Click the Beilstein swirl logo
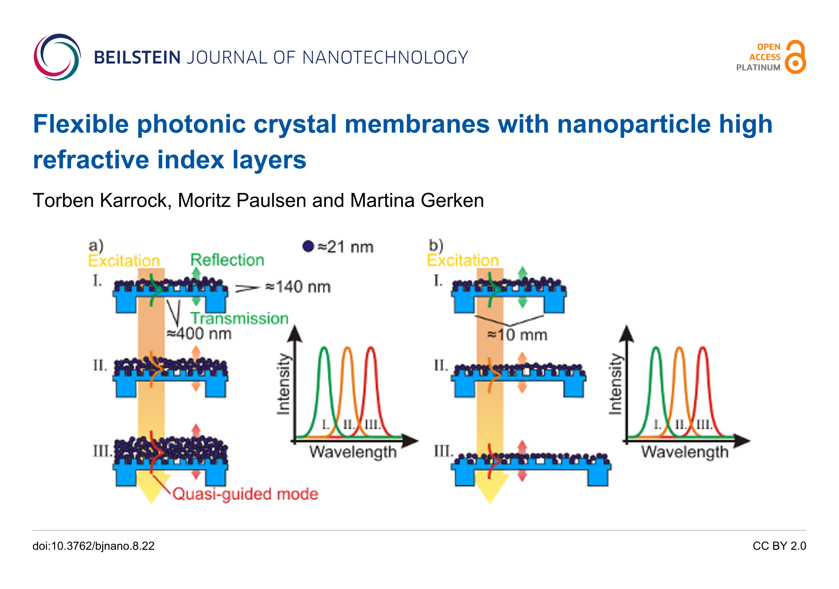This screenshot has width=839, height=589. [x=57, y=57]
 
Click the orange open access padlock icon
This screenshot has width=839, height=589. [x=795, y=57]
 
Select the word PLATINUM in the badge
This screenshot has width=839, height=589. [x=758, y=67]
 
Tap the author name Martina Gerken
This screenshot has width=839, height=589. [x=417, y=200]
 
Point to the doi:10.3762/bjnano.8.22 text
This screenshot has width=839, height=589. [x=93, y=546]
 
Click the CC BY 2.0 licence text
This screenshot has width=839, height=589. [x=779, y=546]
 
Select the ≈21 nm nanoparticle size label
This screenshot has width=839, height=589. [x=345, y=247]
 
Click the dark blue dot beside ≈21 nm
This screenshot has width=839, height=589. [x=308, y=246]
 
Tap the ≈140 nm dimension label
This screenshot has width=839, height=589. [x=298, y=287]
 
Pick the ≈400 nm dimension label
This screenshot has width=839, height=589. [x=199, y=334]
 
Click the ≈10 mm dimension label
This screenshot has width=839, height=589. [x=517, y=335]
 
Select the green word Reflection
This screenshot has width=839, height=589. [x=227, y=260]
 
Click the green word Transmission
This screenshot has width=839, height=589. [x=240, y=318]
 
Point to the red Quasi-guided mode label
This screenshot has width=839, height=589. [x=245, y=494]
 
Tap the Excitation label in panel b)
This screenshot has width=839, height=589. [x=463, y=260]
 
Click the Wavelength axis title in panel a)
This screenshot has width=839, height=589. [x=353, y=452]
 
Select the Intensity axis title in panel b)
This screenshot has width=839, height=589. [x=615, y=384]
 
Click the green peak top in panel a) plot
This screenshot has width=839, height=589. [x=324, y=347]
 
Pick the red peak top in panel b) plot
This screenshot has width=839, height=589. [x=702, y=347]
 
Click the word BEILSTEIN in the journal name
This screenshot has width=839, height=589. [x=137, y=58]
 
